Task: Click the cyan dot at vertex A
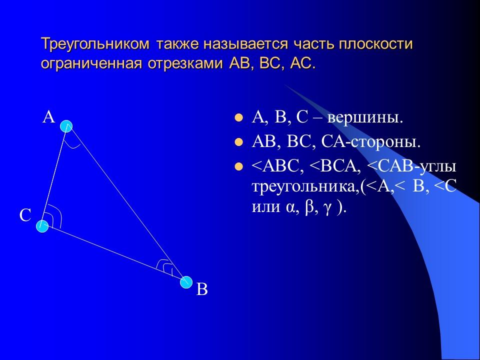point(66,126)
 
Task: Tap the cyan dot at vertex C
point(42,226)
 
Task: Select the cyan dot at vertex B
point(186,282)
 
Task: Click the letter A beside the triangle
point(48,117)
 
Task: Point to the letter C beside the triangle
point(25,215)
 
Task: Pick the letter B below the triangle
point(201,289)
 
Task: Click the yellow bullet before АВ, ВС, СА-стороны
point(239,142)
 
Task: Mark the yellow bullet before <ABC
point(239,166)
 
